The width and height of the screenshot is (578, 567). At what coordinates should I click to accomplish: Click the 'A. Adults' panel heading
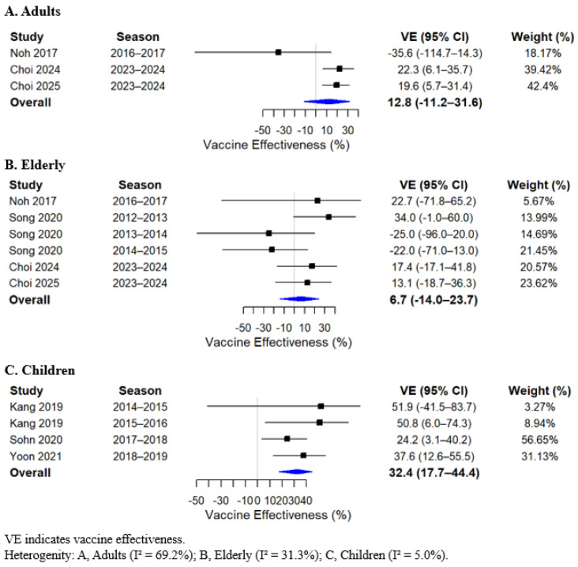click(32, 11)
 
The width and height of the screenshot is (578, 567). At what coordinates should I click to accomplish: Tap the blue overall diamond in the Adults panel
click(327, 101)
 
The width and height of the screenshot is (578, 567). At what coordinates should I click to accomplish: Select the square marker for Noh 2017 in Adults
click(278, 52)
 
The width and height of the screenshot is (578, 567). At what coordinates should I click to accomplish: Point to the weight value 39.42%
click(542, 69)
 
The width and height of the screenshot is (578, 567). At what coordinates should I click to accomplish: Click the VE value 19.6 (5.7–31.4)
click(435, 86)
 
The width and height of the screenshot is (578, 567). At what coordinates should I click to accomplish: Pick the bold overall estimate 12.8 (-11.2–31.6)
click(434, 102)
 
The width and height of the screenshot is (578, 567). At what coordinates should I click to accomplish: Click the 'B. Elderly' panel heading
click(35, 165)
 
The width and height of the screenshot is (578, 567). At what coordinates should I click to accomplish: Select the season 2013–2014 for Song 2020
click(140, 234)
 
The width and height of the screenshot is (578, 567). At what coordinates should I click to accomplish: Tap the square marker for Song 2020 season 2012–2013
click(328, 217)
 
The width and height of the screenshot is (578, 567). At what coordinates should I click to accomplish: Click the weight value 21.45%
click(539, 250)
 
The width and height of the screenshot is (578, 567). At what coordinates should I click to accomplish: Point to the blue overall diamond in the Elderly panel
click(299, 299)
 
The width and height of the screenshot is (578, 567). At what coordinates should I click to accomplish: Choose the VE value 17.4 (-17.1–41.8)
click(433, 267)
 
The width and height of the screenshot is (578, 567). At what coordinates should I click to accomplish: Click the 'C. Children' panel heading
click(39, 370)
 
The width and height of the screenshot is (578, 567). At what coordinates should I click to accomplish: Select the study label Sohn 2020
click(36, 439)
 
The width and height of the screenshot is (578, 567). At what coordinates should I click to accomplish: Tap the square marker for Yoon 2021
click(303, 456)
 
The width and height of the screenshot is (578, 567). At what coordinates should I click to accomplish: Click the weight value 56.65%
click(539, 439)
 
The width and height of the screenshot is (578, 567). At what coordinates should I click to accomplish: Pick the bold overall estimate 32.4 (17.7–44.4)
click(434, 472)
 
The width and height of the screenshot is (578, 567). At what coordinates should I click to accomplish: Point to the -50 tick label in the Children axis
click(196, 501)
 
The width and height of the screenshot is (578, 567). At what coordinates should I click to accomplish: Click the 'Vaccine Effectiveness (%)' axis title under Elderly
click(278, 342)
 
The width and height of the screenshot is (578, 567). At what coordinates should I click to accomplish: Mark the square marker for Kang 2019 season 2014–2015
click(321, 406)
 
